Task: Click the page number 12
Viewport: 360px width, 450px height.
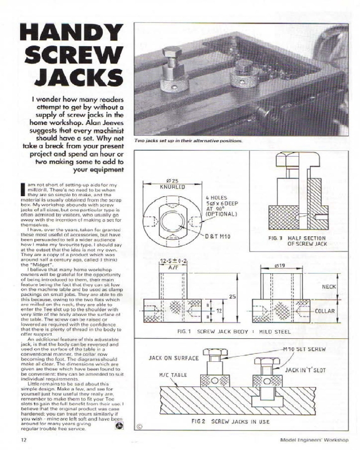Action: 22,439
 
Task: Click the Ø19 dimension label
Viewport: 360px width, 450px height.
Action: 280,266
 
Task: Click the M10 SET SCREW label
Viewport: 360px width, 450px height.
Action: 305,349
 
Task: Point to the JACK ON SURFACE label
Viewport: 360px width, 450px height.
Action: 173,358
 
